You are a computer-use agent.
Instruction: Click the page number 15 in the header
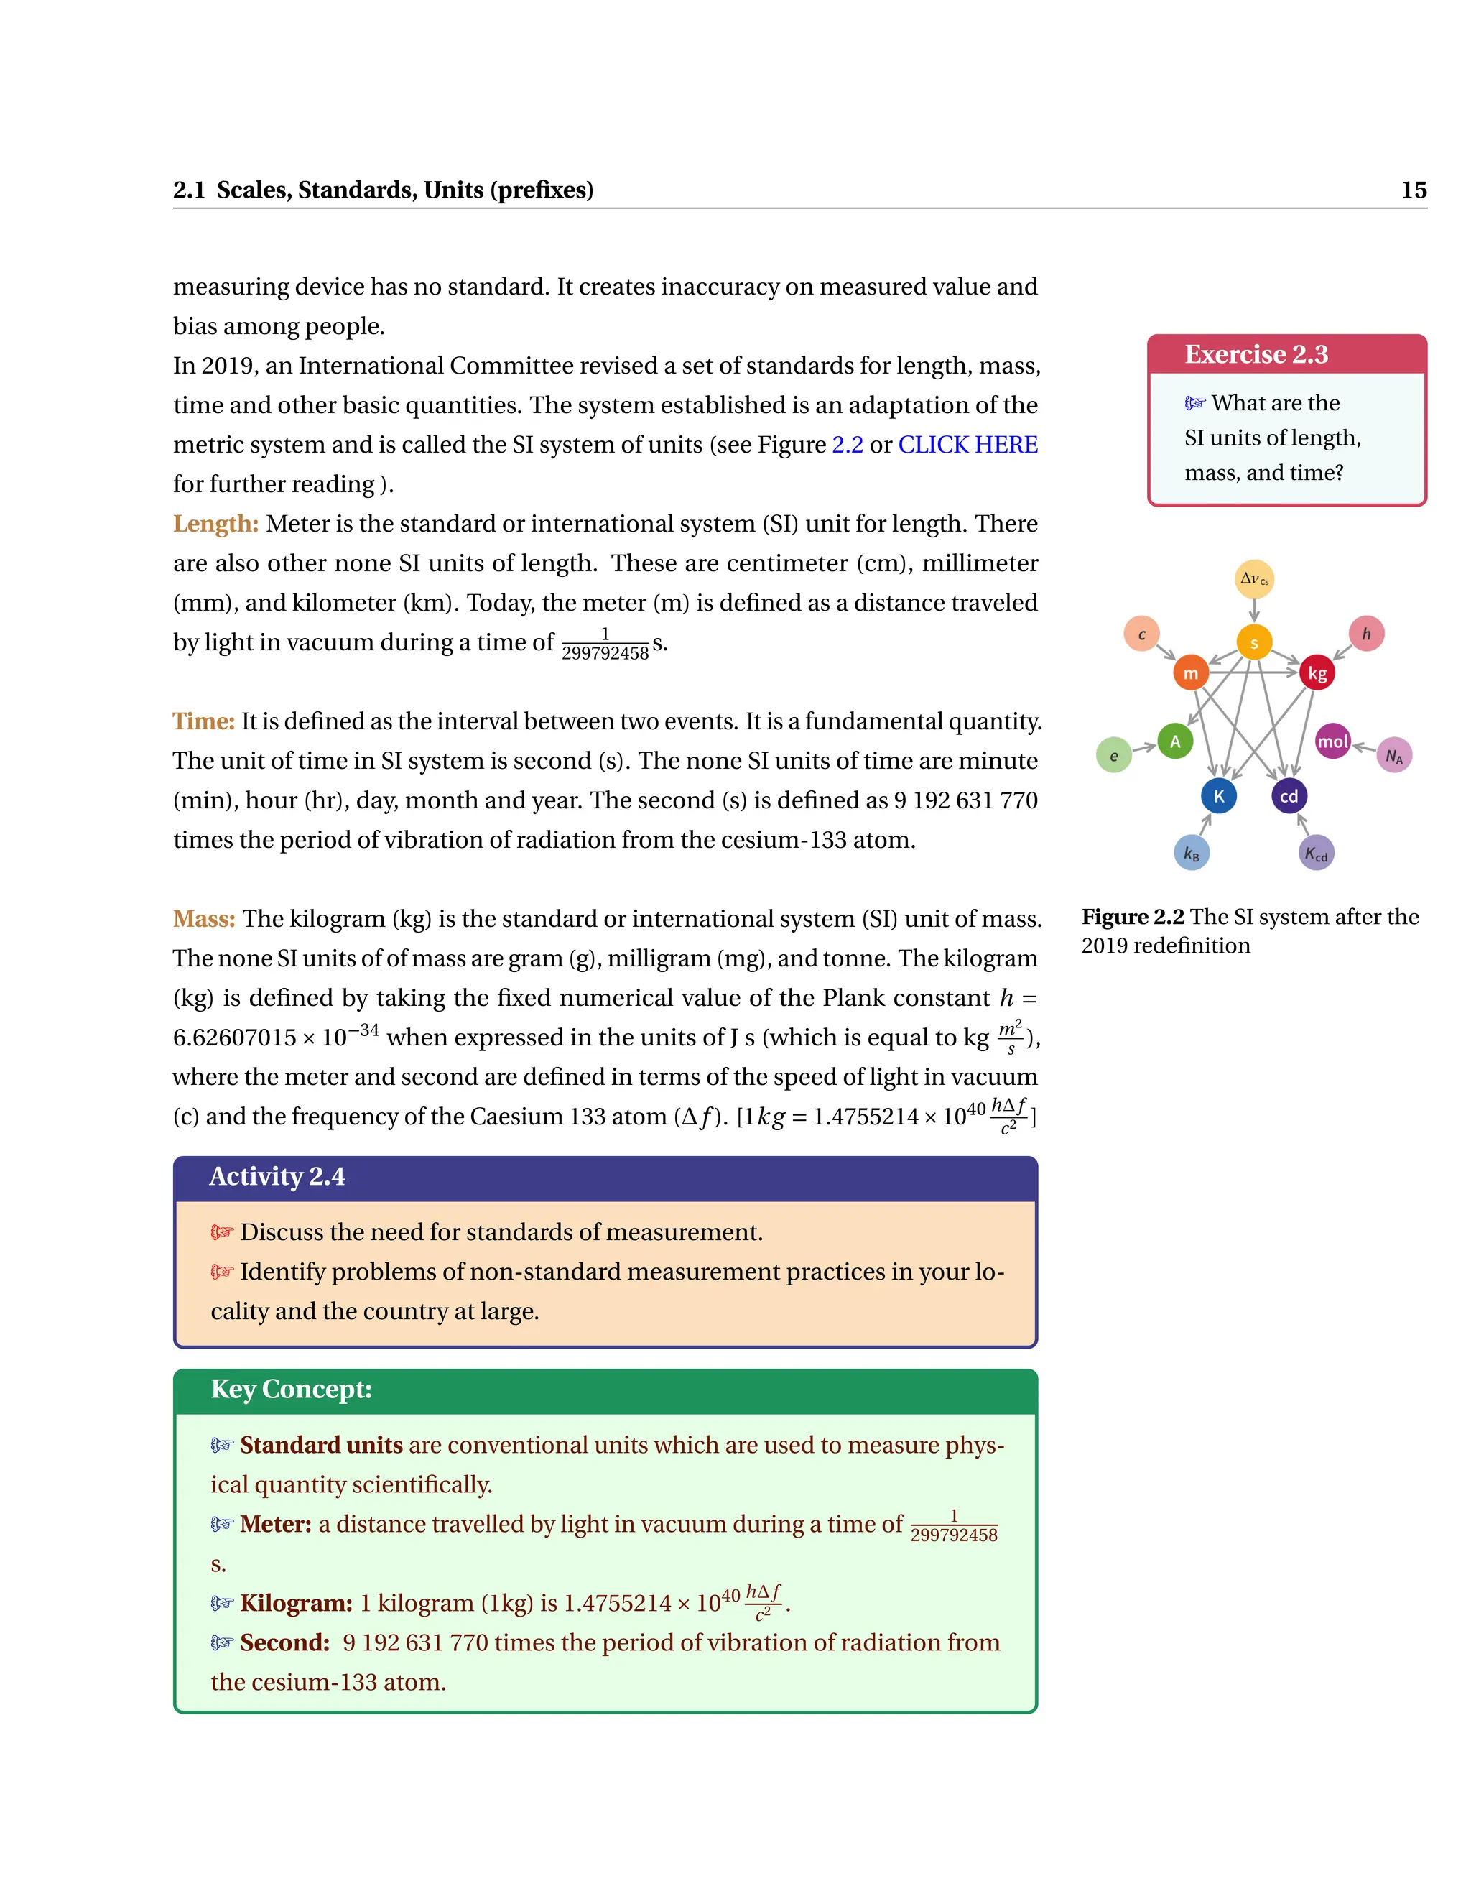(x=1413, y=190)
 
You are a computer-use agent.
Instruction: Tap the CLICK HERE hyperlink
(x=967, y=445)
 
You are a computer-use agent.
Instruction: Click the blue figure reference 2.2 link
(x=847, y=445)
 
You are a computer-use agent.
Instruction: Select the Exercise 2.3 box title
(x=1255, y=355)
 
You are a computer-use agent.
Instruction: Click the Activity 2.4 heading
(x=277, y=1177)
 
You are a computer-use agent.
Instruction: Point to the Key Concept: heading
(x=291, y=1390)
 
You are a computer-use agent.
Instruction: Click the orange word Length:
(x=216, y=524)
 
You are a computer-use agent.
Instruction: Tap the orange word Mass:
(x=204, y=919)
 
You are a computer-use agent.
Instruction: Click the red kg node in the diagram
(x=1317, y=673)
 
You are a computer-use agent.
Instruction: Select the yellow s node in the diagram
(x=1254, y=643)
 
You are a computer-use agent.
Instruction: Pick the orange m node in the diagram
(x=1190, y=673)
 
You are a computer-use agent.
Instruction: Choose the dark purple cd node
(x=1289, y=796)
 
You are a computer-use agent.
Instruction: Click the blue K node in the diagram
(x=1218, y=796)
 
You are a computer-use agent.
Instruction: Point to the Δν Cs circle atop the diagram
(x=1255, y=579)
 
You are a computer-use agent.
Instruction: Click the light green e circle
(x=1114, y=756)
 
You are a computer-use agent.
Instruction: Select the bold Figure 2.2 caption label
(x=1132, y=917)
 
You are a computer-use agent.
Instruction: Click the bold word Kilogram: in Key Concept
(x=297, y=1603)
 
